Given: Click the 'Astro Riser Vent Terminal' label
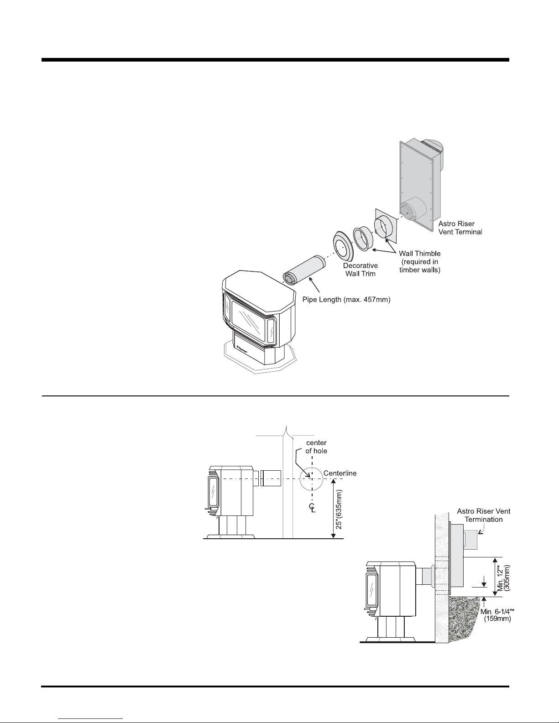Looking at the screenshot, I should point(460,228).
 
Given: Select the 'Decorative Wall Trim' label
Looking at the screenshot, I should point(360,270).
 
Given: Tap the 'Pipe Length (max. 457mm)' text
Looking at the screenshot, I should point(346,300).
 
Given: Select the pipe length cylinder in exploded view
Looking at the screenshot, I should point(304,270).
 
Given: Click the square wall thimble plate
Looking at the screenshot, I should point(385,226).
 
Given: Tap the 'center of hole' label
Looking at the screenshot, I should point(316,447).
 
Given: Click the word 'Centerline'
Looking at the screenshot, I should point(340,473).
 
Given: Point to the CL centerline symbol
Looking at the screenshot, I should point(312,508).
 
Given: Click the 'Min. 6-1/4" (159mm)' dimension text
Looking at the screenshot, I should point(497,615).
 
